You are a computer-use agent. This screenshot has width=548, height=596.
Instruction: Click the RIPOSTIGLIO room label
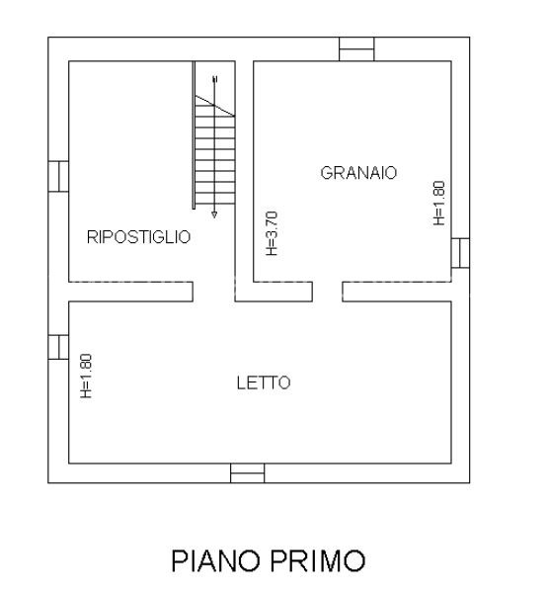pos(138,237)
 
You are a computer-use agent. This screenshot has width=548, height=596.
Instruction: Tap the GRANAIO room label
pos(358,173)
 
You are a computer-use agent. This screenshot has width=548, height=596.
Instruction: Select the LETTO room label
pos(264,383)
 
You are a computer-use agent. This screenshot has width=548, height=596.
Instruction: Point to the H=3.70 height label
pos(273,234)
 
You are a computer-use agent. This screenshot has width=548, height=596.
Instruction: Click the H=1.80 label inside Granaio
pos(439,203)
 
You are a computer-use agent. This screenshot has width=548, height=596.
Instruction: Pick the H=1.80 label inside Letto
pos(86,377)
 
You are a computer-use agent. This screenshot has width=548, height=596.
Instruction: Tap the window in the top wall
pos(356,49)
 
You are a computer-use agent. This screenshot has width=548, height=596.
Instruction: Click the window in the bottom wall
pos(247,473)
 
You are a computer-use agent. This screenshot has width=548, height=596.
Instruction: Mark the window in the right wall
pos(461,253)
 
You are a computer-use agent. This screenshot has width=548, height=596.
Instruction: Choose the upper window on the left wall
pos(58,175)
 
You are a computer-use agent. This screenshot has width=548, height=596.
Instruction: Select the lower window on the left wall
pos(58,347)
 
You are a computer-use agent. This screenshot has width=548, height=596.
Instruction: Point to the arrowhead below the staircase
pos(214,213)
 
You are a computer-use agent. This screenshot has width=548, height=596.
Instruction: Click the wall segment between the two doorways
pos(269,291)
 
